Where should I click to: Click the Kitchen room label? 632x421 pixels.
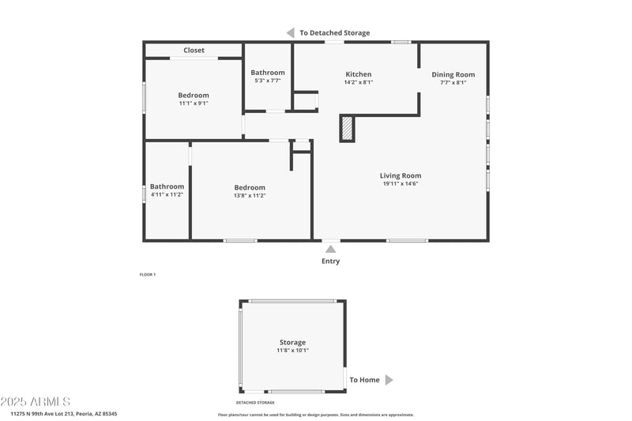tap(358, 74)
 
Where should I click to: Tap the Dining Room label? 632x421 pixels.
tap(453, 74)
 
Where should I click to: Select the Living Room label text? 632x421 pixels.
tap(401, 175)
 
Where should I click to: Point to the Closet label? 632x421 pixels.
tap(194, 51)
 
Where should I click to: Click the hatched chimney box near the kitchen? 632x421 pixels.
tap(347, 128)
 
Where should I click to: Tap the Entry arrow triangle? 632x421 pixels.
tap(330, 250)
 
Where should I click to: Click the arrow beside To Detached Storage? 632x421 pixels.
tap(291, 32)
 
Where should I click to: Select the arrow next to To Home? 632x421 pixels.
tap(389, 380)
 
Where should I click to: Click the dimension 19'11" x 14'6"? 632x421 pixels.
tap(401, 184)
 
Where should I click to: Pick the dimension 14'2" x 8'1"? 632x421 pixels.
tap(358, 82)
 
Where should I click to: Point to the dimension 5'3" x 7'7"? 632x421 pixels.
tap(268, 81)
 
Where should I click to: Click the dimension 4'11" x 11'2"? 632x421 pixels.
tap(167, 194)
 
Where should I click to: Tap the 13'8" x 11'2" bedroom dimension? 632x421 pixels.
tap(250, 195)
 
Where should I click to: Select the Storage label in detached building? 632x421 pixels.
tap(292, 342)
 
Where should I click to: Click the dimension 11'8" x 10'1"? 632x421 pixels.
tap(292, 350)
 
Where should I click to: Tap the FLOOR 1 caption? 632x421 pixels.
tap(148, 274)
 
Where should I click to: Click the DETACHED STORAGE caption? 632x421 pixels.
tap(255, 403)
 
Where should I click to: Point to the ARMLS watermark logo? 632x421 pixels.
tap(36, 401)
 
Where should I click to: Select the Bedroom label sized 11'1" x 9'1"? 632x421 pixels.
tap(194, 95)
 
